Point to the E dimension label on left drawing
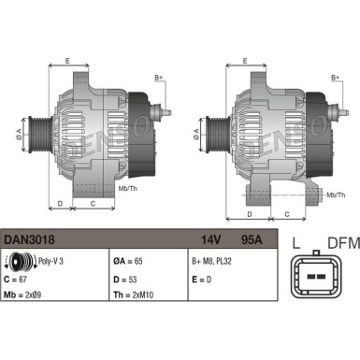point(66,61)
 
